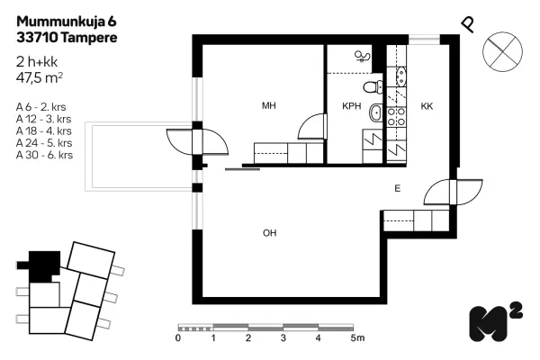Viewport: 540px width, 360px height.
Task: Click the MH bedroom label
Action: (x=268, y=105)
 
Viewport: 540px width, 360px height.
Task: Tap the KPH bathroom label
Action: (x=352, y=106)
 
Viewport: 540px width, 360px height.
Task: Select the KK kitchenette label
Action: (x=427, y=106)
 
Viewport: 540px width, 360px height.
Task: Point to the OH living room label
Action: (x=269, y=233)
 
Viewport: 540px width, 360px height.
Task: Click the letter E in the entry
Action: (x=398, y=188)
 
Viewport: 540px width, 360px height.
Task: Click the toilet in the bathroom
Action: (x=373, y=86)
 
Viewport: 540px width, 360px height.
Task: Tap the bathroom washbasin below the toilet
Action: (x=375, y=112)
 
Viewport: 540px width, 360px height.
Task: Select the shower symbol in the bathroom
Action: (x=363, y=56)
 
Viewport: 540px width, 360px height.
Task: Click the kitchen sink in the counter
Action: (x=401, y=76)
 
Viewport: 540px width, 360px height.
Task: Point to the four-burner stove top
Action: (x=396, y=116)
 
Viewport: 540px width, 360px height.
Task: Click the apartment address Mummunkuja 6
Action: (x=67, y=22)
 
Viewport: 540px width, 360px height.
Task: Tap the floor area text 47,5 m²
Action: (x=40, y=78)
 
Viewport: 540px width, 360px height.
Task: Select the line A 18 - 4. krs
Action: (x=44, y=130)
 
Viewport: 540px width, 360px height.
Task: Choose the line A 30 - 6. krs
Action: (x=44, y=155)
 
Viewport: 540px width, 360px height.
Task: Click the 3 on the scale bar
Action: (x=283, y=338)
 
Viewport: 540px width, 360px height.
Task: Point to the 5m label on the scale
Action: (x=357, y=338)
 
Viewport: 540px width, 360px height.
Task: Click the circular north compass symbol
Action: (x=502, y=51)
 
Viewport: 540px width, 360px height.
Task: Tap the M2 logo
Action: (x=496, y=322)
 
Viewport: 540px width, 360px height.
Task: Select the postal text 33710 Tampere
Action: (x=67, y=38)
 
